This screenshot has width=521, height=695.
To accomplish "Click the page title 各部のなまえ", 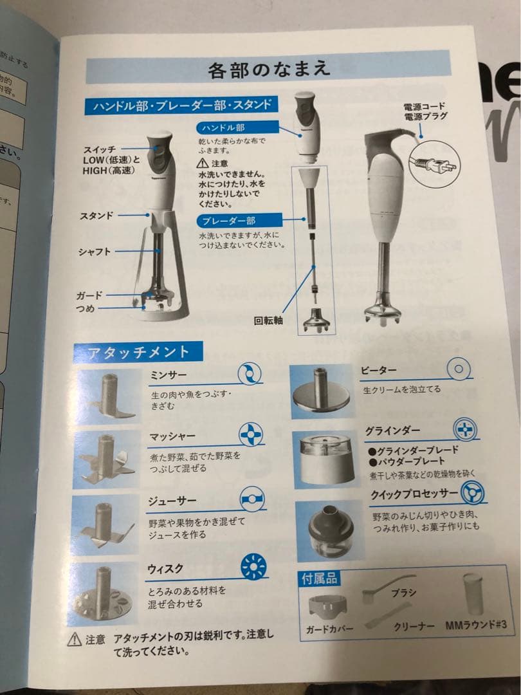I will pos(268,69).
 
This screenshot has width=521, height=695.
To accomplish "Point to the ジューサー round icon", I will pos(253,499).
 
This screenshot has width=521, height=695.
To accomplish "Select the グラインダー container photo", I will pos(325,458).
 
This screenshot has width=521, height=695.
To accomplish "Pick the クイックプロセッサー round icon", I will pos(473,494).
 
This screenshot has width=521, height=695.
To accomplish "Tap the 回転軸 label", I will pos(269,320).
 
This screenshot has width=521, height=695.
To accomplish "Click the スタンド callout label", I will pos(96,216).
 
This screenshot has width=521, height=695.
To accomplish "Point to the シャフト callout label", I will pos(95,252).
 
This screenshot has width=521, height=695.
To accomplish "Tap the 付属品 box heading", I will pos(319,578).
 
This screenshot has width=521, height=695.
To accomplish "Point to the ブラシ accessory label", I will pos(404,592).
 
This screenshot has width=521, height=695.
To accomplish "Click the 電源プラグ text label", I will pos(425,116).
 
